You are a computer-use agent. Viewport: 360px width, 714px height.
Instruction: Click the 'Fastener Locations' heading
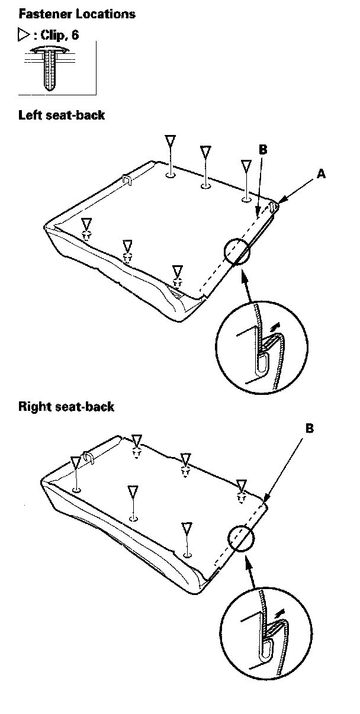pos(77,13)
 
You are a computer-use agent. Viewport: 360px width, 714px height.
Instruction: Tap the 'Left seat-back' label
pos(62,114)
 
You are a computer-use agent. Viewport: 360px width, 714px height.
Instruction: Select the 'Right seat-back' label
pos(66,407)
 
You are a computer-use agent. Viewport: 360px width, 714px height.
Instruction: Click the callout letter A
pos(321,173)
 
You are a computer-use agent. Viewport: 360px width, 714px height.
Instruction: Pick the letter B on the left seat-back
pos(263,150)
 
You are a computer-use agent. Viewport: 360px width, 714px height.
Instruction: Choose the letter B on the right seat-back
pos(310,427)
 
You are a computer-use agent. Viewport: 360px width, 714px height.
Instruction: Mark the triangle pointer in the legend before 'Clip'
pos(24,36)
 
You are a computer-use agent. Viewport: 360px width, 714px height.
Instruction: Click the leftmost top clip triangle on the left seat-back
pos(170,142)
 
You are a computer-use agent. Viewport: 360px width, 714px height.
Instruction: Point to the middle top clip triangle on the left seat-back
pos(205,152)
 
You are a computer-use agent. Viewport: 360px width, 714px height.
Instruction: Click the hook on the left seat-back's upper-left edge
pos(126,179)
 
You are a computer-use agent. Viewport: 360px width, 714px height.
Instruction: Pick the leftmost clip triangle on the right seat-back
pos(76,462)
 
